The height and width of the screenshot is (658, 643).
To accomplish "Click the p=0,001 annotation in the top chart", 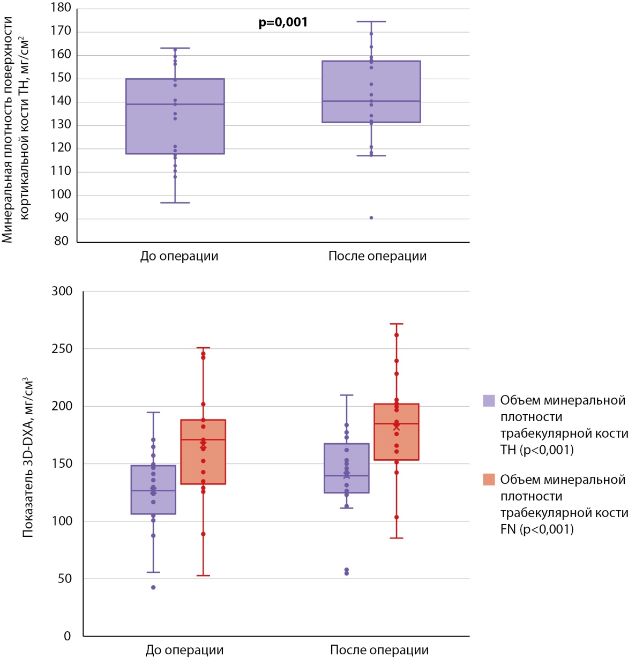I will click(283, 23).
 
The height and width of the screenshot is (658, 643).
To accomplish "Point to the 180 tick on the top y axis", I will click(62, 8).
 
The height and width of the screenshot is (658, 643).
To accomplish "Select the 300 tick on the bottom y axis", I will click(61, 291).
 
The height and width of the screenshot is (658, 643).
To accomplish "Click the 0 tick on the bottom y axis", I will click(67, 637).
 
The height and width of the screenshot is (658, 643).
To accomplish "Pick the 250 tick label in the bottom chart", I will click(61, 349).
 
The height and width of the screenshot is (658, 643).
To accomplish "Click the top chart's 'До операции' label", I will click(179, 256).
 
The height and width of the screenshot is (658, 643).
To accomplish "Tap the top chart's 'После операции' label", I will click(377, 256).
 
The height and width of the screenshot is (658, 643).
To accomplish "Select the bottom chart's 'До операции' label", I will click(184, 650).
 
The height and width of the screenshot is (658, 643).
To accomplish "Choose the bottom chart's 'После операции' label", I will click(379, 650).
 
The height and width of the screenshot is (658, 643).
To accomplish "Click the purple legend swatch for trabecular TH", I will click(489, 401).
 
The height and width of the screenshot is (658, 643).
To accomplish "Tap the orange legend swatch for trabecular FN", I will click(489, 480).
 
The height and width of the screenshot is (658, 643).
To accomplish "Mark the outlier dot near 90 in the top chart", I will click(371, 218).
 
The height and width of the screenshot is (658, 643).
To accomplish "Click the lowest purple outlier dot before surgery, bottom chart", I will click(153, 587).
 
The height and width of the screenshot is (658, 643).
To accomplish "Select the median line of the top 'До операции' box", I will click(175, 104).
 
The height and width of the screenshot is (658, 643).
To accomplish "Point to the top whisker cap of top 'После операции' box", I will click(371, 21).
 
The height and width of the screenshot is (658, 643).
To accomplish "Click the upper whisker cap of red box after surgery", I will click(397, 324).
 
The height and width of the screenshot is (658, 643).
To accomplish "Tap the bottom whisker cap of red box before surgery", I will click(203, 575).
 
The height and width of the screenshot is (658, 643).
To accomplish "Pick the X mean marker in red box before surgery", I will click(203, 444).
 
